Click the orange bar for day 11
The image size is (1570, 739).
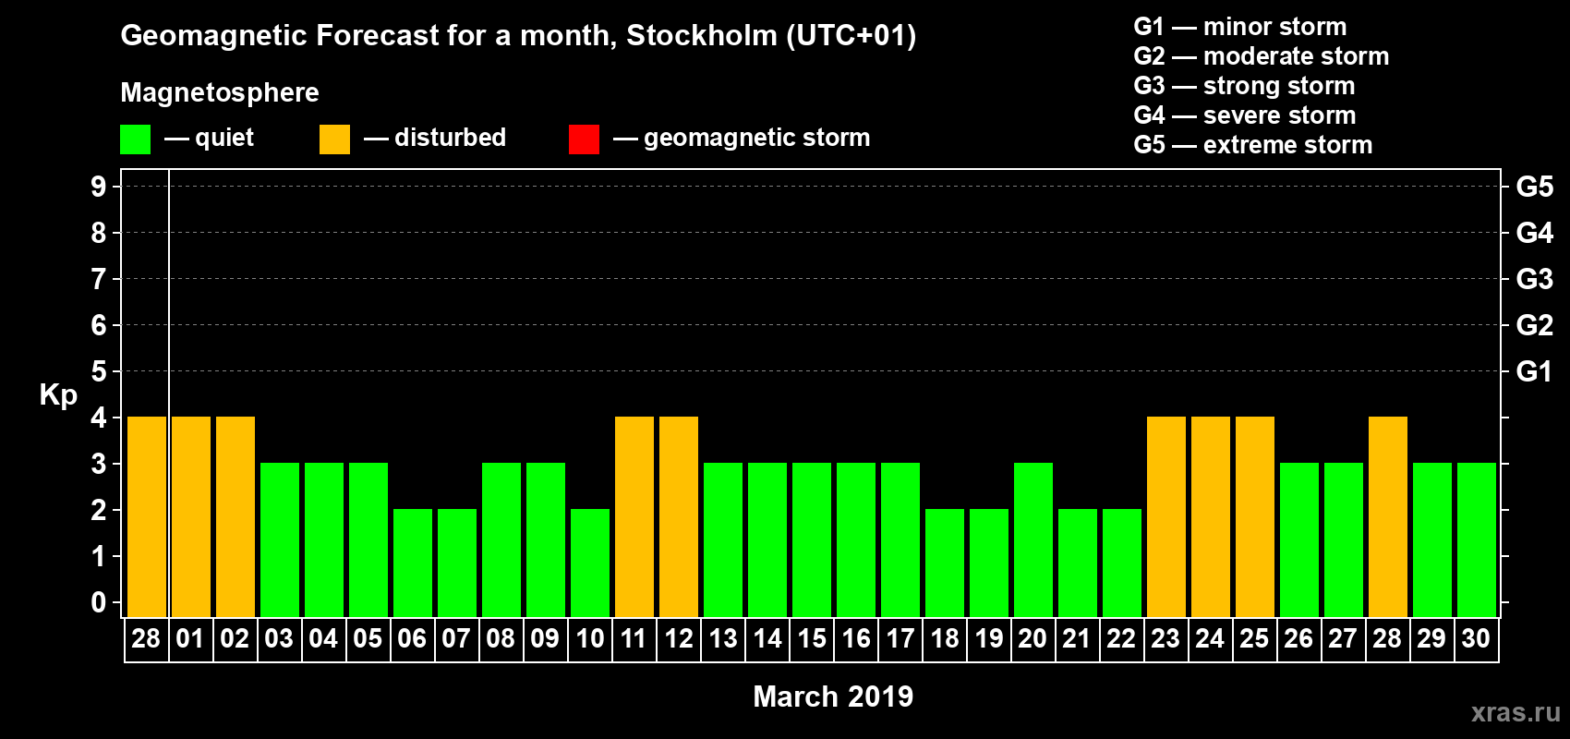(x=634, y=516)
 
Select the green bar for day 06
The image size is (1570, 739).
(x=413, y=563)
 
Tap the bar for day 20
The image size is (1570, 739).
(x=1033, y=539)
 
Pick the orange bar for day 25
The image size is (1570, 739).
(x=1255, y=516)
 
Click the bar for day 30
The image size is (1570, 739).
(x=1477, y=539)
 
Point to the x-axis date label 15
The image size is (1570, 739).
(x=812, y=638)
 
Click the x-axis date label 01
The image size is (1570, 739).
(x=190, y=638)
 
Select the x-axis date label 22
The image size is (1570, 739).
(x=1121, y=638)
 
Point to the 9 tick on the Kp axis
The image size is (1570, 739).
(x=99, y=187)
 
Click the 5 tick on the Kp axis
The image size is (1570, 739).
(x=99, y=371)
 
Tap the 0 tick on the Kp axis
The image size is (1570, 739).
(x=99, y=602)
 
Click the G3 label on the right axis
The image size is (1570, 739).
(x=1534, y=279)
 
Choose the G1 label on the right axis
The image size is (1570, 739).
(x=1534, y=371)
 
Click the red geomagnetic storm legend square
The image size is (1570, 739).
(x=584, y=139)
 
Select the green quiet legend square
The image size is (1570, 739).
(x=135, y=139)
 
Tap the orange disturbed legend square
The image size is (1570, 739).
(x=334, y=139)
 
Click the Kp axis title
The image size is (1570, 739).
(x=58, y=394)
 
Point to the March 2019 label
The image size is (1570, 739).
(x=833, y=697)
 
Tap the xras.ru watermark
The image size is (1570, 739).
(x=1516, y=712)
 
